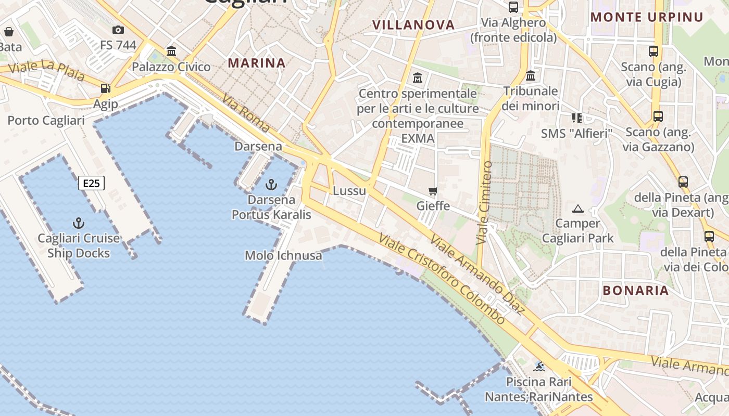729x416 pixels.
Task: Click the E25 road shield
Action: tap(92, 183)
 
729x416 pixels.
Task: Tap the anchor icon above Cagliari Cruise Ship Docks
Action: tap(79, 224)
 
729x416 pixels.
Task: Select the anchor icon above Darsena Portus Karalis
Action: tap(271, 185)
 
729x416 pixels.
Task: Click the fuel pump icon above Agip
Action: tap(106, 88)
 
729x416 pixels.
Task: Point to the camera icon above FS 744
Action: tap(118, 30)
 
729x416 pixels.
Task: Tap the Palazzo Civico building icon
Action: tap(171, 51)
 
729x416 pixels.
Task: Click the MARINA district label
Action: tap(257, 63)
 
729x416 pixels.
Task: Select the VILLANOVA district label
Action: tap(413, 25)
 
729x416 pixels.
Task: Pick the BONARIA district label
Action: tap(635, 291)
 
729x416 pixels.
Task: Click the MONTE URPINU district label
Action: tap(647, 17)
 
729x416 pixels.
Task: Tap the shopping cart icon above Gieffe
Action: tap(433, 191)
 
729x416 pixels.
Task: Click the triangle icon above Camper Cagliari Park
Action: tap(577, 209)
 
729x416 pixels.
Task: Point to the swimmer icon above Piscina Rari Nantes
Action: tap(539, 367)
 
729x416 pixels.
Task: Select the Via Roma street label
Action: tap(246, 113)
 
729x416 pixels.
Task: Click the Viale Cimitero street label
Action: tap(485, 203)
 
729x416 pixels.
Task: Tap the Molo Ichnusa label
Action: tap(283, 255)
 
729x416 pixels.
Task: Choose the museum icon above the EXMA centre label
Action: tap(418, 78)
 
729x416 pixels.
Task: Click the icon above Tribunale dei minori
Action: tap(531, 76)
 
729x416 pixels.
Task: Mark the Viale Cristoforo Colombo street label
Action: tap(442, 279)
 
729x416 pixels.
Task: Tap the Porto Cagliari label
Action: tap(46, 121)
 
